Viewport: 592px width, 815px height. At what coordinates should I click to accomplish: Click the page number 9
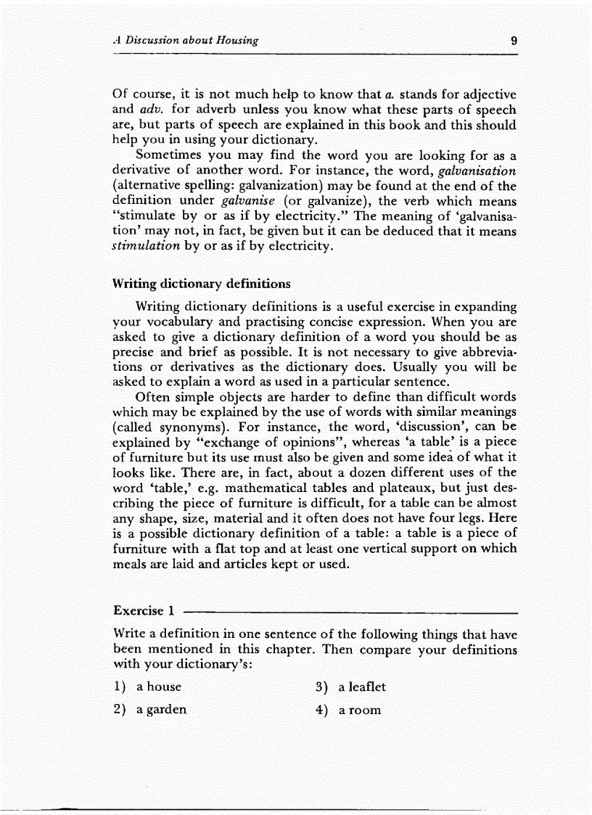point(513,41)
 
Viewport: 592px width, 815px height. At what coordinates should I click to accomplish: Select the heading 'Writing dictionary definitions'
point(202,283)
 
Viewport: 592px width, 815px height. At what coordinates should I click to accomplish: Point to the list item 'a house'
point(159,687)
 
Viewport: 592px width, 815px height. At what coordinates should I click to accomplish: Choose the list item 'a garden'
point(162,710)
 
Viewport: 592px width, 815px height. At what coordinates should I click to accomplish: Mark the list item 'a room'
point(359,710)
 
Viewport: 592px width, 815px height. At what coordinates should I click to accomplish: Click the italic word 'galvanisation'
point(472,171)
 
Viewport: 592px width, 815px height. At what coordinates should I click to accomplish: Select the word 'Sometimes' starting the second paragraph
point(171,156)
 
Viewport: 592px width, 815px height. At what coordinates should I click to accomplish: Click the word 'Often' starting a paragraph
point(152,397)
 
